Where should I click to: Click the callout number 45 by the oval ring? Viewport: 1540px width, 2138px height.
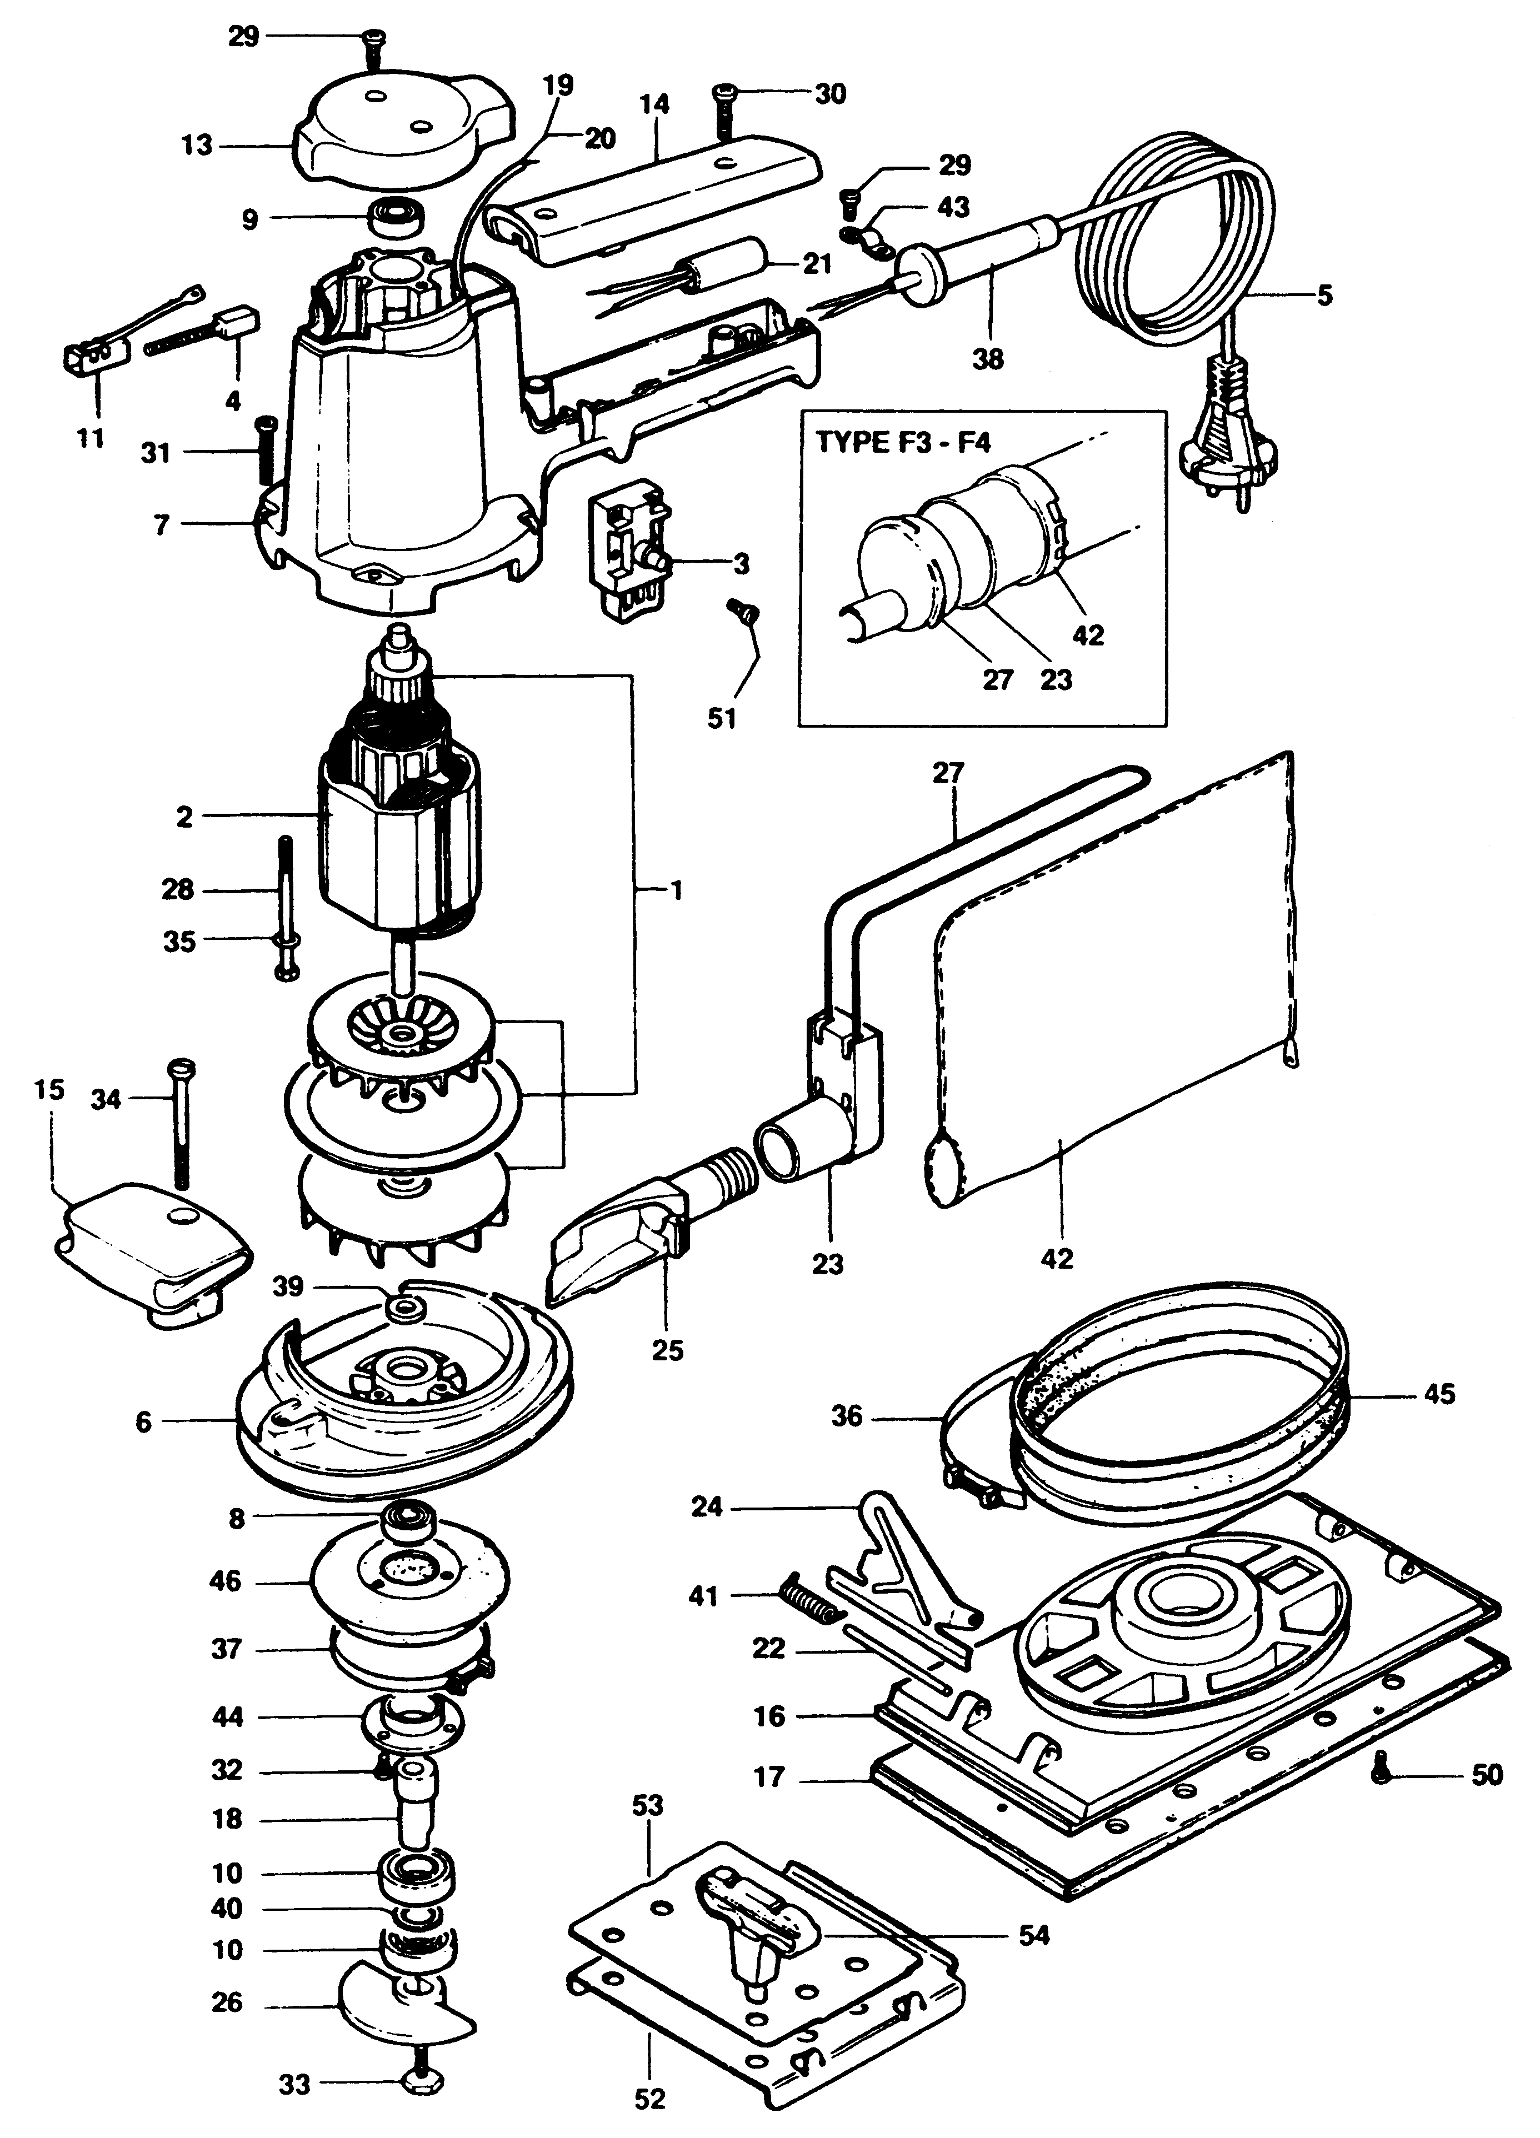1439,1393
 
